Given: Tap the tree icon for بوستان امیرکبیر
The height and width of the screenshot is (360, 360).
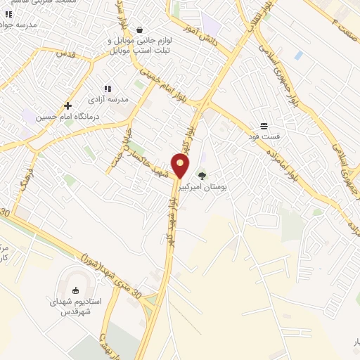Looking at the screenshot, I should click(202, 176).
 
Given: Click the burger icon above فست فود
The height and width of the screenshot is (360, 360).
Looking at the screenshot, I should click(264, 125).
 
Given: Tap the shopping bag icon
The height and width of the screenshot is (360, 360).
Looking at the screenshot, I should click(140, 30).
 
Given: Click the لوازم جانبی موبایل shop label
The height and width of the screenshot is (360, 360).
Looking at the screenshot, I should click(140, 46).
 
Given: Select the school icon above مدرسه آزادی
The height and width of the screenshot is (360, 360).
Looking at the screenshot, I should click(108, 89).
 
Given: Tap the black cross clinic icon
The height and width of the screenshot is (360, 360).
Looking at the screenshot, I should click(67, 105).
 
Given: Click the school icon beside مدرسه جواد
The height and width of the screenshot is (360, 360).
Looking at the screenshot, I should click(8, 13).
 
